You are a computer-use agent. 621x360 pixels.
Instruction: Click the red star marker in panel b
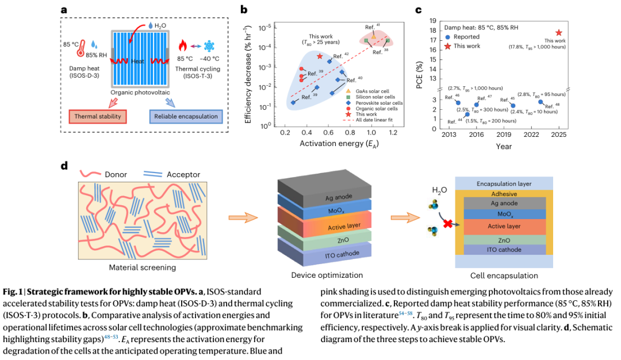pos(320,56)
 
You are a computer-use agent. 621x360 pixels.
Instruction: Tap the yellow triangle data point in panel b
pos(374,37)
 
